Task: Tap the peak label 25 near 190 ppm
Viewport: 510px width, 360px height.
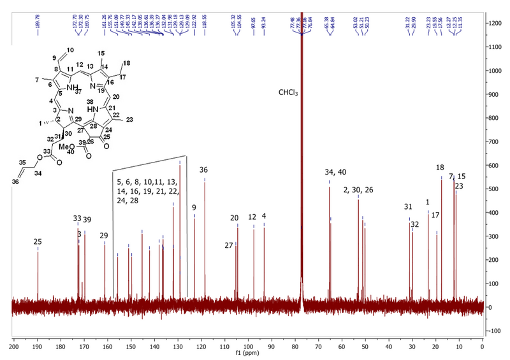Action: click(x=38, y=241)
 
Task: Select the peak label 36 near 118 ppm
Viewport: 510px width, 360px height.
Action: click(x=203, y=170)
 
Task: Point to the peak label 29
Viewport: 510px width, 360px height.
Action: click(x=104, y=236)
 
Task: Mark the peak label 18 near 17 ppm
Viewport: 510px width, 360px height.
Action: click(x=440, y=168)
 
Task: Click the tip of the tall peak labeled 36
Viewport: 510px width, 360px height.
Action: click(x=205, y=178)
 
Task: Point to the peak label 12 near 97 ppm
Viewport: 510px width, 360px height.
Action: click(x=252, y=218)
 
